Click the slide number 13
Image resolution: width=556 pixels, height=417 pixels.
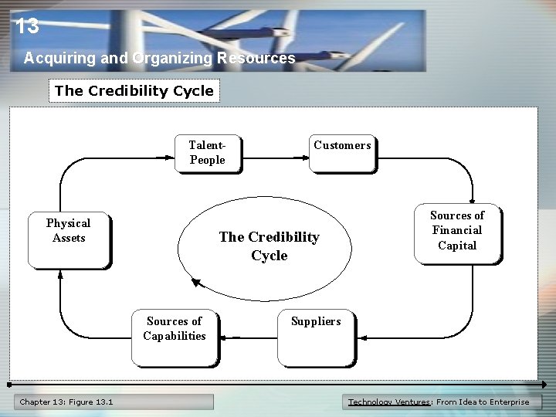26,27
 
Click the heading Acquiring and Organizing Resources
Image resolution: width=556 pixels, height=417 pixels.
159,58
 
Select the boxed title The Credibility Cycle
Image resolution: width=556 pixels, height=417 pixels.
134,90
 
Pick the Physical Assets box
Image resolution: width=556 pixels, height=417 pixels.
68,238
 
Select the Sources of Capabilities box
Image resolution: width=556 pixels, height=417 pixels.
175,336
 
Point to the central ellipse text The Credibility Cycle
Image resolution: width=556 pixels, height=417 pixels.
269,246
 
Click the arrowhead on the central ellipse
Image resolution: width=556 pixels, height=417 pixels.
196,283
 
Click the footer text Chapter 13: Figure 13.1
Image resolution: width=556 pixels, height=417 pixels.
66,402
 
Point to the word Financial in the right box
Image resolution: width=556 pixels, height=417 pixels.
456,230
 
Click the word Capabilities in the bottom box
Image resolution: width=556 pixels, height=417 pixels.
175,336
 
